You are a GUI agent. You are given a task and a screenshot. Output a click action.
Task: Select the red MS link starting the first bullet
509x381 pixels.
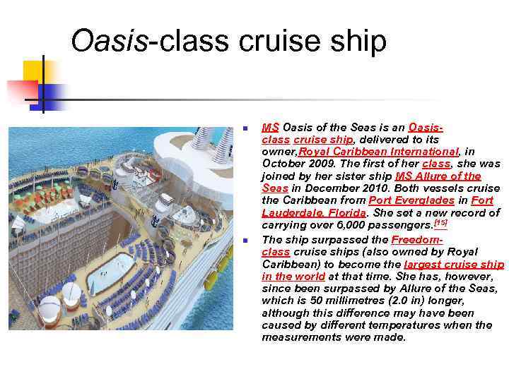tap(270, 127)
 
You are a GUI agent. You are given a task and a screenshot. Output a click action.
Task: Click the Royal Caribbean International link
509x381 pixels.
tap(379, 151)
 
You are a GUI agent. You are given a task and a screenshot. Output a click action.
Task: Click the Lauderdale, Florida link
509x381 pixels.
tap(314, 212)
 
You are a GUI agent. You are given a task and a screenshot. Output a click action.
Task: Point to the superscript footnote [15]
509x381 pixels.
tap(440, 223)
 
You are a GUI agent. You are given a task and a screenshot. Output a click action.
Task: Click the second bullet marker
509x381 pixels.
tap(244, 241)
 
